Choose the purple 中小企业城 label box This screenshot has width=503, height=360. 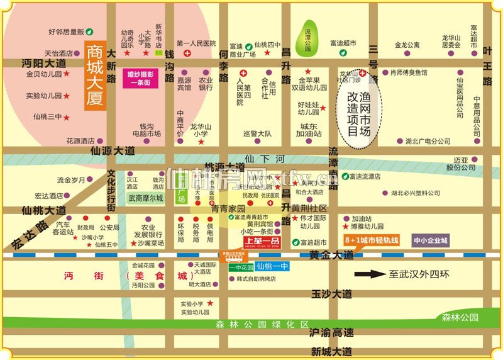click(431, 240)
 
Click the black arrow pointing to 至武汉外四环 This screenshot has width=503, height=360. click(368, 274)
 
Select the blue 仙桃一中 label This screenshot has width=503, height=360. click(273, 267)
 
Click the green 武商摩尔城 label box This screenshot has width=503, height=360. click(145, 198)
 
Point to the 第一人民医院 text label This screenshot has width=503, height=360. click(196, 43)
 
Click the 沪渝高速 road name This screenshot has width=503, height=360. click(332, 332)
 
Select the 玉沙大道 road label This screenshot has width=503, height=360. click(332, 294)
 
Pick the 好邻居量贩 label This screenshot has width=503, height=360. click(67, 31)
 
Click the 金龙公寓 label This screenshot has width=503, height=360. click(407, 45)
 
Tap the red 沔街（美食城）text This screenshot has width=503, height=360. click(126, 276)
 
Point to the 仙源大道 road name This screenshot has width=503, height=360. click(113, 151)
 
